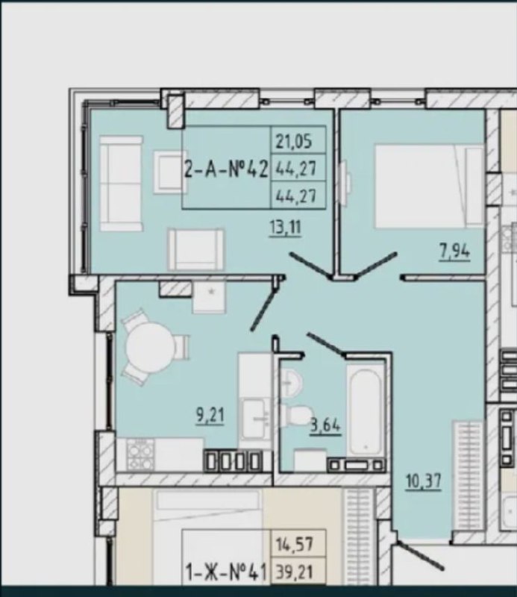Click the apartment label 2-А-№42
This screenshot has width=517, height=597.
point(226,169)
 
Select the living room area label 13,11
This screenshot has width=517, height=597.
point(285,228)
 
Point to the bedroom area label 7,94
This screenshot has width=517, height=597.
point(454,251)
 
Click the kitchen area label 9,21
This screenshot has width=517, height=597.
point(210,415)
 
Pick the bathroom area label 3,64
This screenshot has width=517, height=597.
point(325,425)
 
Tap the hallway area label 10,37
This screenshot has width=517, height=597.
point(424,482)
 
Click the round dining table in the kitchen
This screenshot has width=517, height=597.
point(151,347)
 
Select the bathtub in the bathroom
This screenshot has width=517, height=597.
point(365,410)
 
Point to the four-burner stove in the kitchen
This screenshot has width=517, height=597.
point(140,454)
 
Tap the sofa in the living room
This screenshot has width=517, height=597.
point(121,184)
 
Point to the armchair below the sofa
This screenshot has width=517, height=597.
point(196,249)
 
